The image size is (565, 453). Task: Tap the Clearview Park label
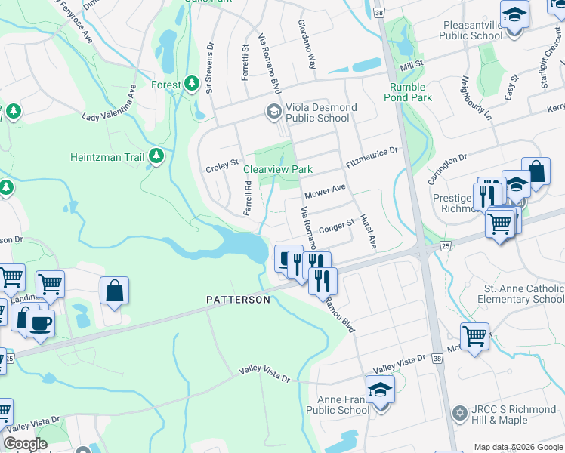click(x=277, y=169)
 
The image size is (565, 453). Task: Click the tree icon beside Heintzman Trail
click(x=156, y=156)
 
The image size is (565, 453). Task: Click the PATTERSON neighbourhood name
click(x=238, y=300)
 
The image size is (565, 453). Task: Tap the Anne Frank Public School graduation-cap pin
click(x=380, y=390)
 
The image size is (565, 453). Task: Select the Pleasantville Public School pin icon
click(x=514, y=14)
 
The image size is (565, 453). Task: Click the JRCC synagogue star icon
click(x=459, y=413)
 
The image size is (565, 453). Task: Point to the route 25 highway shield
click(x=445, y=245)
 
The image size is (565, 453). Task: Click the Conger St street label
click(x=337, y=225)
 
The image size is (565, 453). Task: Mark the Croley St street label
click(x=222, y=163)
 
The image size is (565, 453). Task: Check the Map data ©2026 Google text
click(x=517, y=447)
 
